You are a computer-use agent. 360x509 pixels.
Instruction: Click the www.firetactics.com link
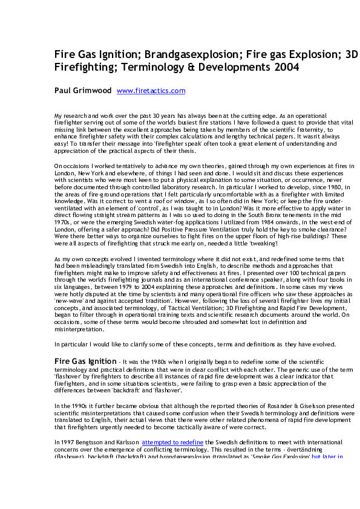tap(151, 91)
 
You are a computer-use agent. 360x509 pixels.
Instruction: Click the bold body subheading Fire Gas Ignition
tap(82, 361)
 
